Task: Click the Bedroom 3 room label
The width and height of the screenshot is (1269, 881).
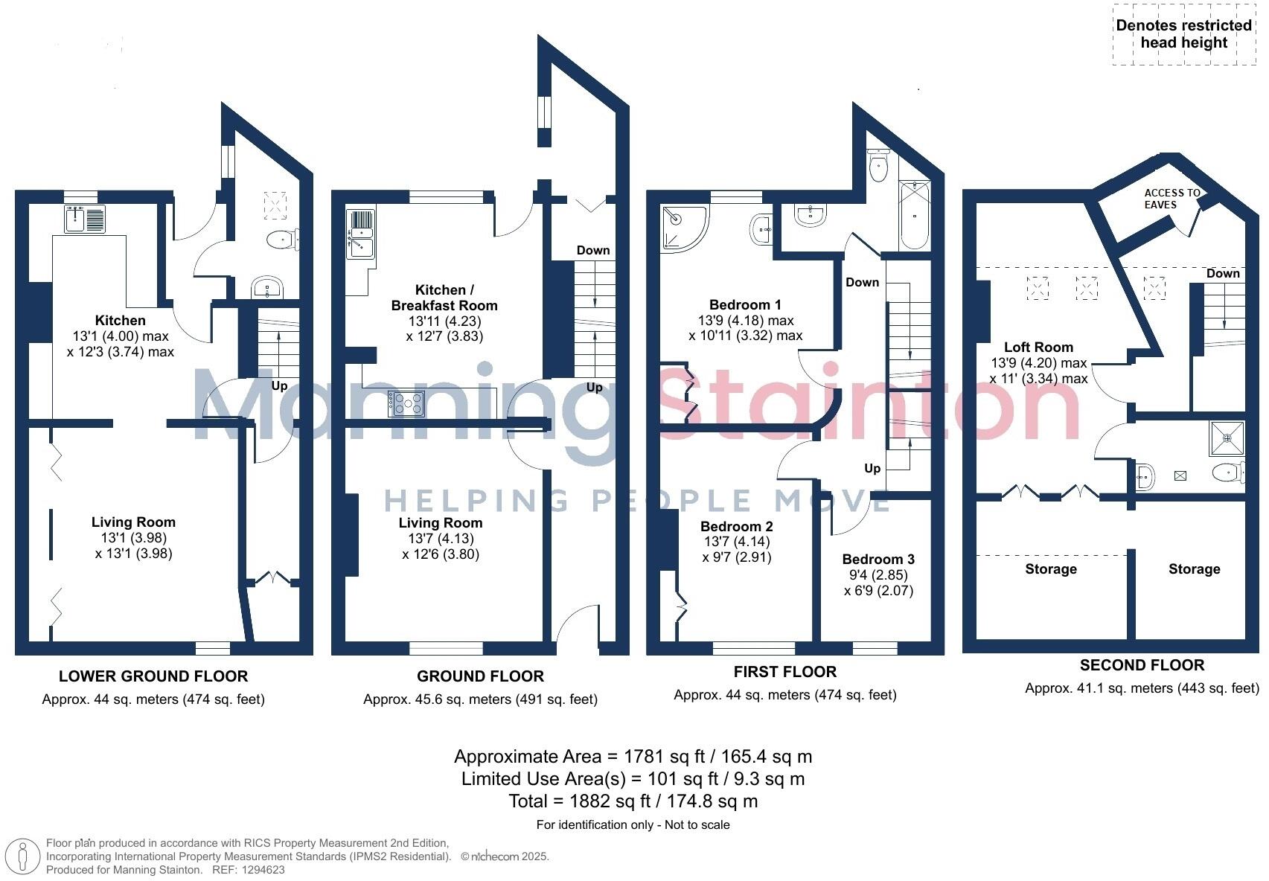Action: tap(878, 559)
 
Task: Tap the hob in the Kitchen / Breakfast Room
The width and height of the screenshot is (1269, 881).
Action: tap(406, 404)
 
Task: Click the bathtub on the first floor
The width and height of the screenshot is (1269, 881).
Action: tap(914, 215)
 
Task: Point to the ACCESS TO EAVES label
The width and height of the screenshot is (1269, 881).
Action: tap(1171, 198)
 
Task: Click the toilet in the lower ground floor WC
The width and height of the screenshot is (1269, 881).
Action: tap(281, 240)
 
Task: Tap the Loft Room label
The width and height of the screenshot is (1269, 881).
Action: tap(1038, 347)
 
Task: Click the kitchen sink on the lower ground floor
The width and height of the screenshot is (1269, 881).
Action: tap(86, 220)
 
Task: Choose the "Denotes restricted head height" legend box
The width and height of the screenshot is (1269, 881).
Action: tap(1183, 34)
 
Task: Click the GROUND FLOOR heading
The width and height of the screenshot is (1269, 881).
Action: tap(480, 676)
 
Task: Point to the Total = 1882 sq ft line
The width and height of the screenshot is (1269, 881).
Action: tap(633, 801)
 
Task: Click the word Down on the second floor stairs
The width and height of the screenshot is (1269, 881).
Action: tap(1223, 273)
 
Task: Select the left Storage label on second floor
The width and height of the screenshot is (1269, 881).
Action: tap(1050, 569)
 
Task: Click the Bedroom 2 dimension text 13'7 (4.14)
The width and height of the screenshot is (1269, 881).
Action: tap(735, 542)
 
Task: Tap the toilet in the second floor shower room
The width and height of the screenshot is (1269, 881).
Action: tap(1228, 472)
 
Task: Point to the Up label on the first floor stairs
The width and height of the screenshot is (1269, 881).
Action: tap(872, 468)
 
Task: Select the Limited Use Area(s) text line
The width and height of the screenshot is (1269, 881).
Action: tap(633, 779)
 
